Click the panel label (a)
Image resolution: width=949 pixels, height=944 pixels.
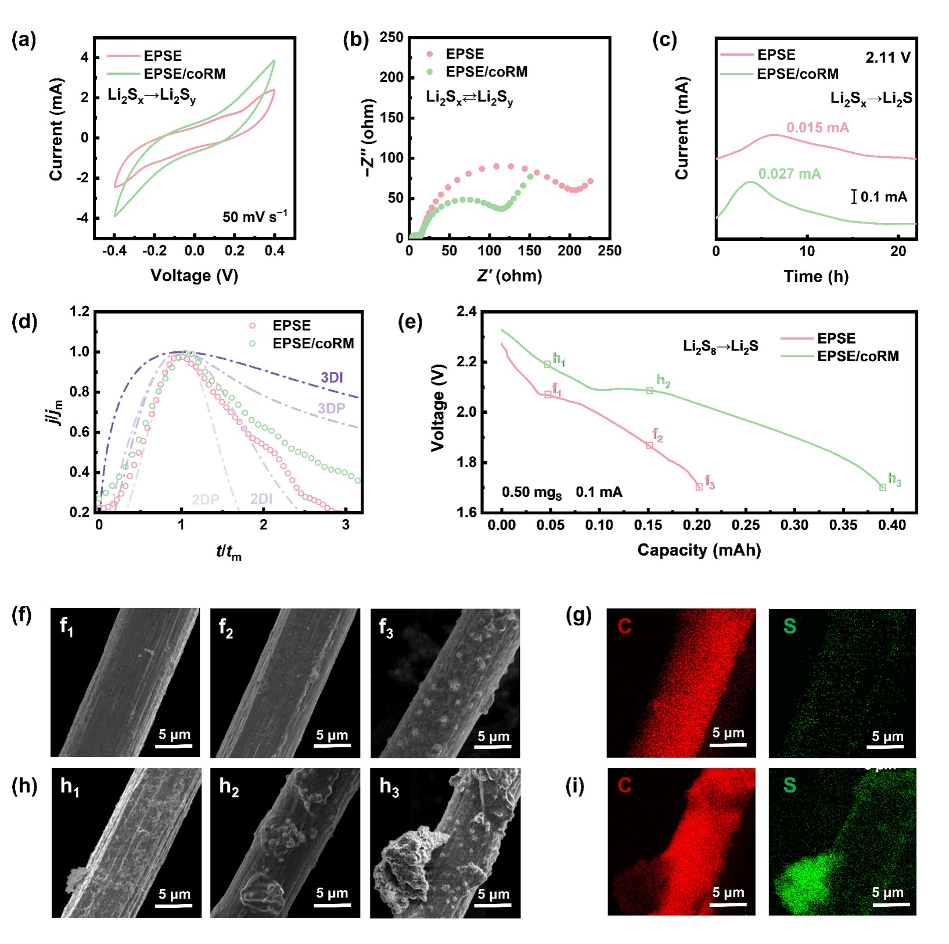23,40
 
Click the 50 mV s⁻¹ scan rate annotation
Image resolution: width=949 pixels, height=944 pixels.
254,217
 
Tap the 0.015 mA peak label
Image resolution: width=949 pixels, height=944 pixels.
817,127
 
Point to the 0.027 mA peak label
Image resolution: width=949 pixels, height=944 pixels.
789,174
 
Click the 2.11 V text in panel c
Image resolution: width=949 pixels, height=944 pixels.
887,57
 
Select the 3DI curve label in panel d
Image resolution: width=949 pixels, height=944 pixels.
332,377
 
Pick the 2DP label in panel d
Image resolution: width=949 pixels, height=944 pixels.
206,499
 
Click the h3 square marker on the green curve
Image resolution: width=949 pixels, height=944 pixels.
883,488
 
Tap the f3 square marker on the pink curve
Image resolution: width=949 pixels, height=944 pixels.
699,487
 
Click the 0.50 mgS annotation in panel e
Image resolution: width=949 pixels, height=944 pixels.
531,492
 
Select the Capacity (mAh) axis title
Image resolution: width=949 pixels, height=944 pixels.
699,550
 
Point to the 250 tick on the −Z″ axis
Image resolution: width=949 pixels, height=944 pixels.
391,37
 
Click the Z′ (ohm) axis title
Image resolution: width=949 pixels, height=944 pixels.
509,275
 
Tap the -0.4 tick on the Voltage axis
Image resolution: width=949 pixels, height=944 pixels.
114,251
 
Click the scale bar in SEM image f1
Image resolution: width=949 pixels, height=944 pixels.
174,745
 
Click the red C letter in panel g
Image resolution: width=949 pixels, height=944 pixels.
624,626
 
